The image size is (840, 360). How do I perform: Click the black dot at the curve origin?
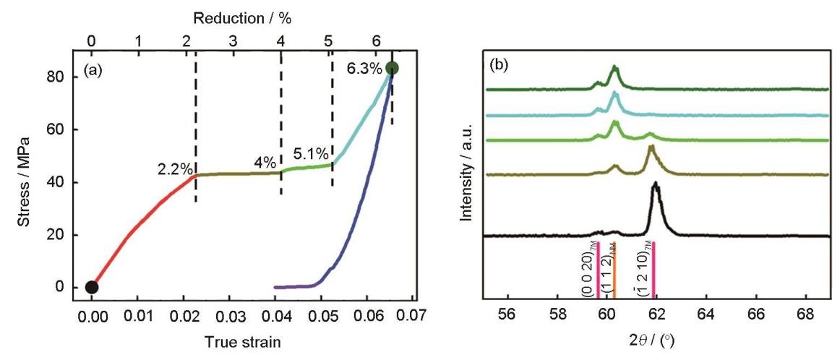pos(92,287)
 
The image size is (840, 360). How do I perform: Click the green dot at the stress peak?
pos(392,68)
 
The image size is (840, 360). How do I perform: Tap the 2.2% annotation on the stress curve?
pos(175,170)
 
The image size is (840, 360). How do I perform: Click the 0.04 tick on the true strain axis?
pos(275,316)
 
